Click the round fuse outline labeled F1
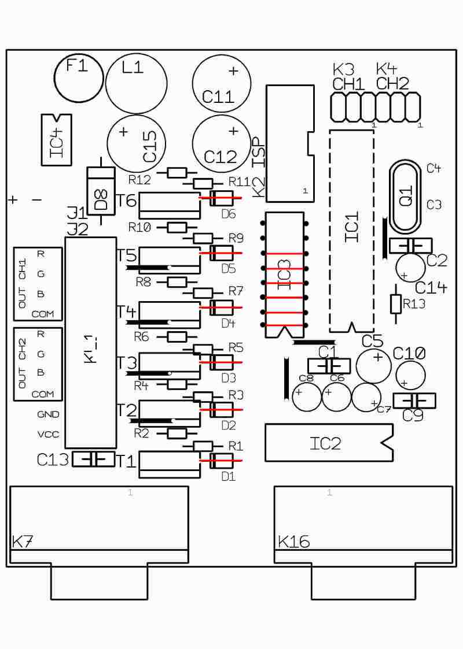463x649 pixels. point(79,76)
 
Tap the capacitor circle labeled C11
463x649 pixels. point(222,84)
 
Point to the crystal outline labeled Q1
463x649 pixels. point(406,195)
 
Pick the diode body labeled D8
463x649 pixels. point(101,189)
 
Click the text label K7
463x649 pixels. point(23,542)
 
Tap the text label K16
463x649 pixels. point(293,542)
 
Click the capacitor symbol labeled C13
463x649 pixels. point(93,459)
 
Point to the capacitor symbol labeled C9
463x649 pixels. point(414,400)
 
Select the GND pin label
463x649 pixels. point(48,414)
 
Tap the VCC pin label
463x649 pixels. point(48,434)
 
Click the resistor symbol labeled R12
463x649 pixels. point(177,172)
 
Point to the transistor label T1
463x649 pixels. point(127,461)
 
